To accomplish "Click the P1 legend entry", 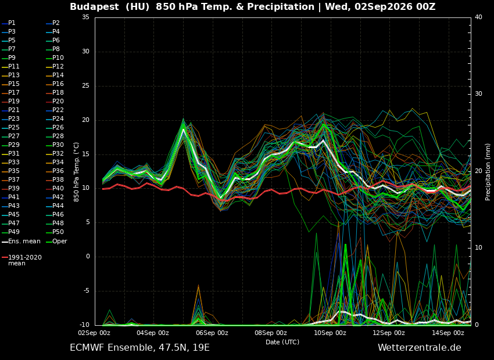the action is click(9, 23).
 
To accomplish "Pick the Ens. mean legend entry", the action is click(21, 242).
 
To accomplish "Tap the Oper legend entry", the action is click(56, 242).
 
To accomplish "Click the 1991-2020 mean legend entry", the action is click(22, 260).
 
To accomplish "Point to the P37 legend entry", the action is click(10, 179).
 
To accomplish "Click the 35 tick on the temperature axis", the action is click(85, 17).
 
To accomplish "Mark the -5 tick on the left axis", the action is click(86, 290).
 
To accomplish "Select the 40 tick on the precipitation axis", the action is click(478, 17).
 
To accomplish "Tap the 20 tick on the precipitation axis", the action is click(478, 171).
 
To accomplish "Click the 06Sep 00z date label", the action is click(212, 333).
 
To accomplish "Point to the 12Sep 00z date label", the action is click(389, 333).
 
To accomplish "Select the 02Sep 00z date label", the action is click(95, 333).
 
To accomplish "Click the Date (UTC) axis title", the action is click(282, 342).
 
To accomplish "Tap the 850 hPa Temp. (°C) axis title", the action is click(76, 172).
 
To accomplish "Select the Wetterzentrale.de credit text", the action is click(420, 348).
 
